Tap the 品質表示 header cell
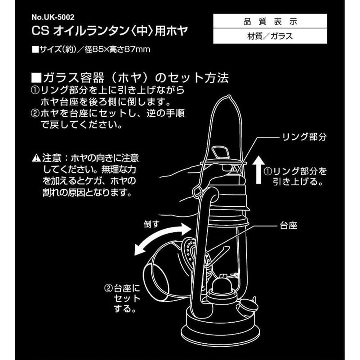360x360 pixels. pyautogui.click(x=270, y=21)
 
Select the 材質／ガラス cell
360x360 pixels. pyautogui.click(x=270, y=36)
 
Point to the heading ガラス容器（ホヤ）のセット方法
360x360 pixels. pyautogui.click(x=130, y=78)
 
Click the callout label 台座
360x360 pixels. pyautogui.click(x=288, y=226)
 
